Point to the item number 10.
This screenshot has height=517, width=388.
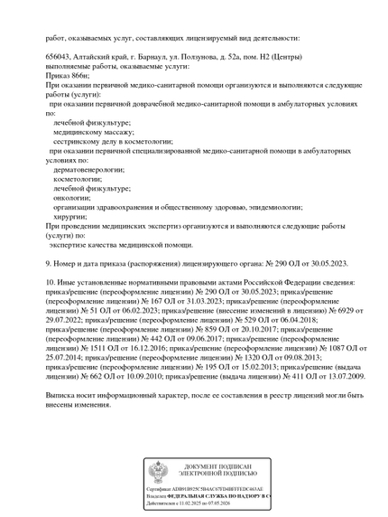pos(51,283)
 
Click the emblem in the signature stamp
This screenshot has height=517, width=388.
pos(160,471)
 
